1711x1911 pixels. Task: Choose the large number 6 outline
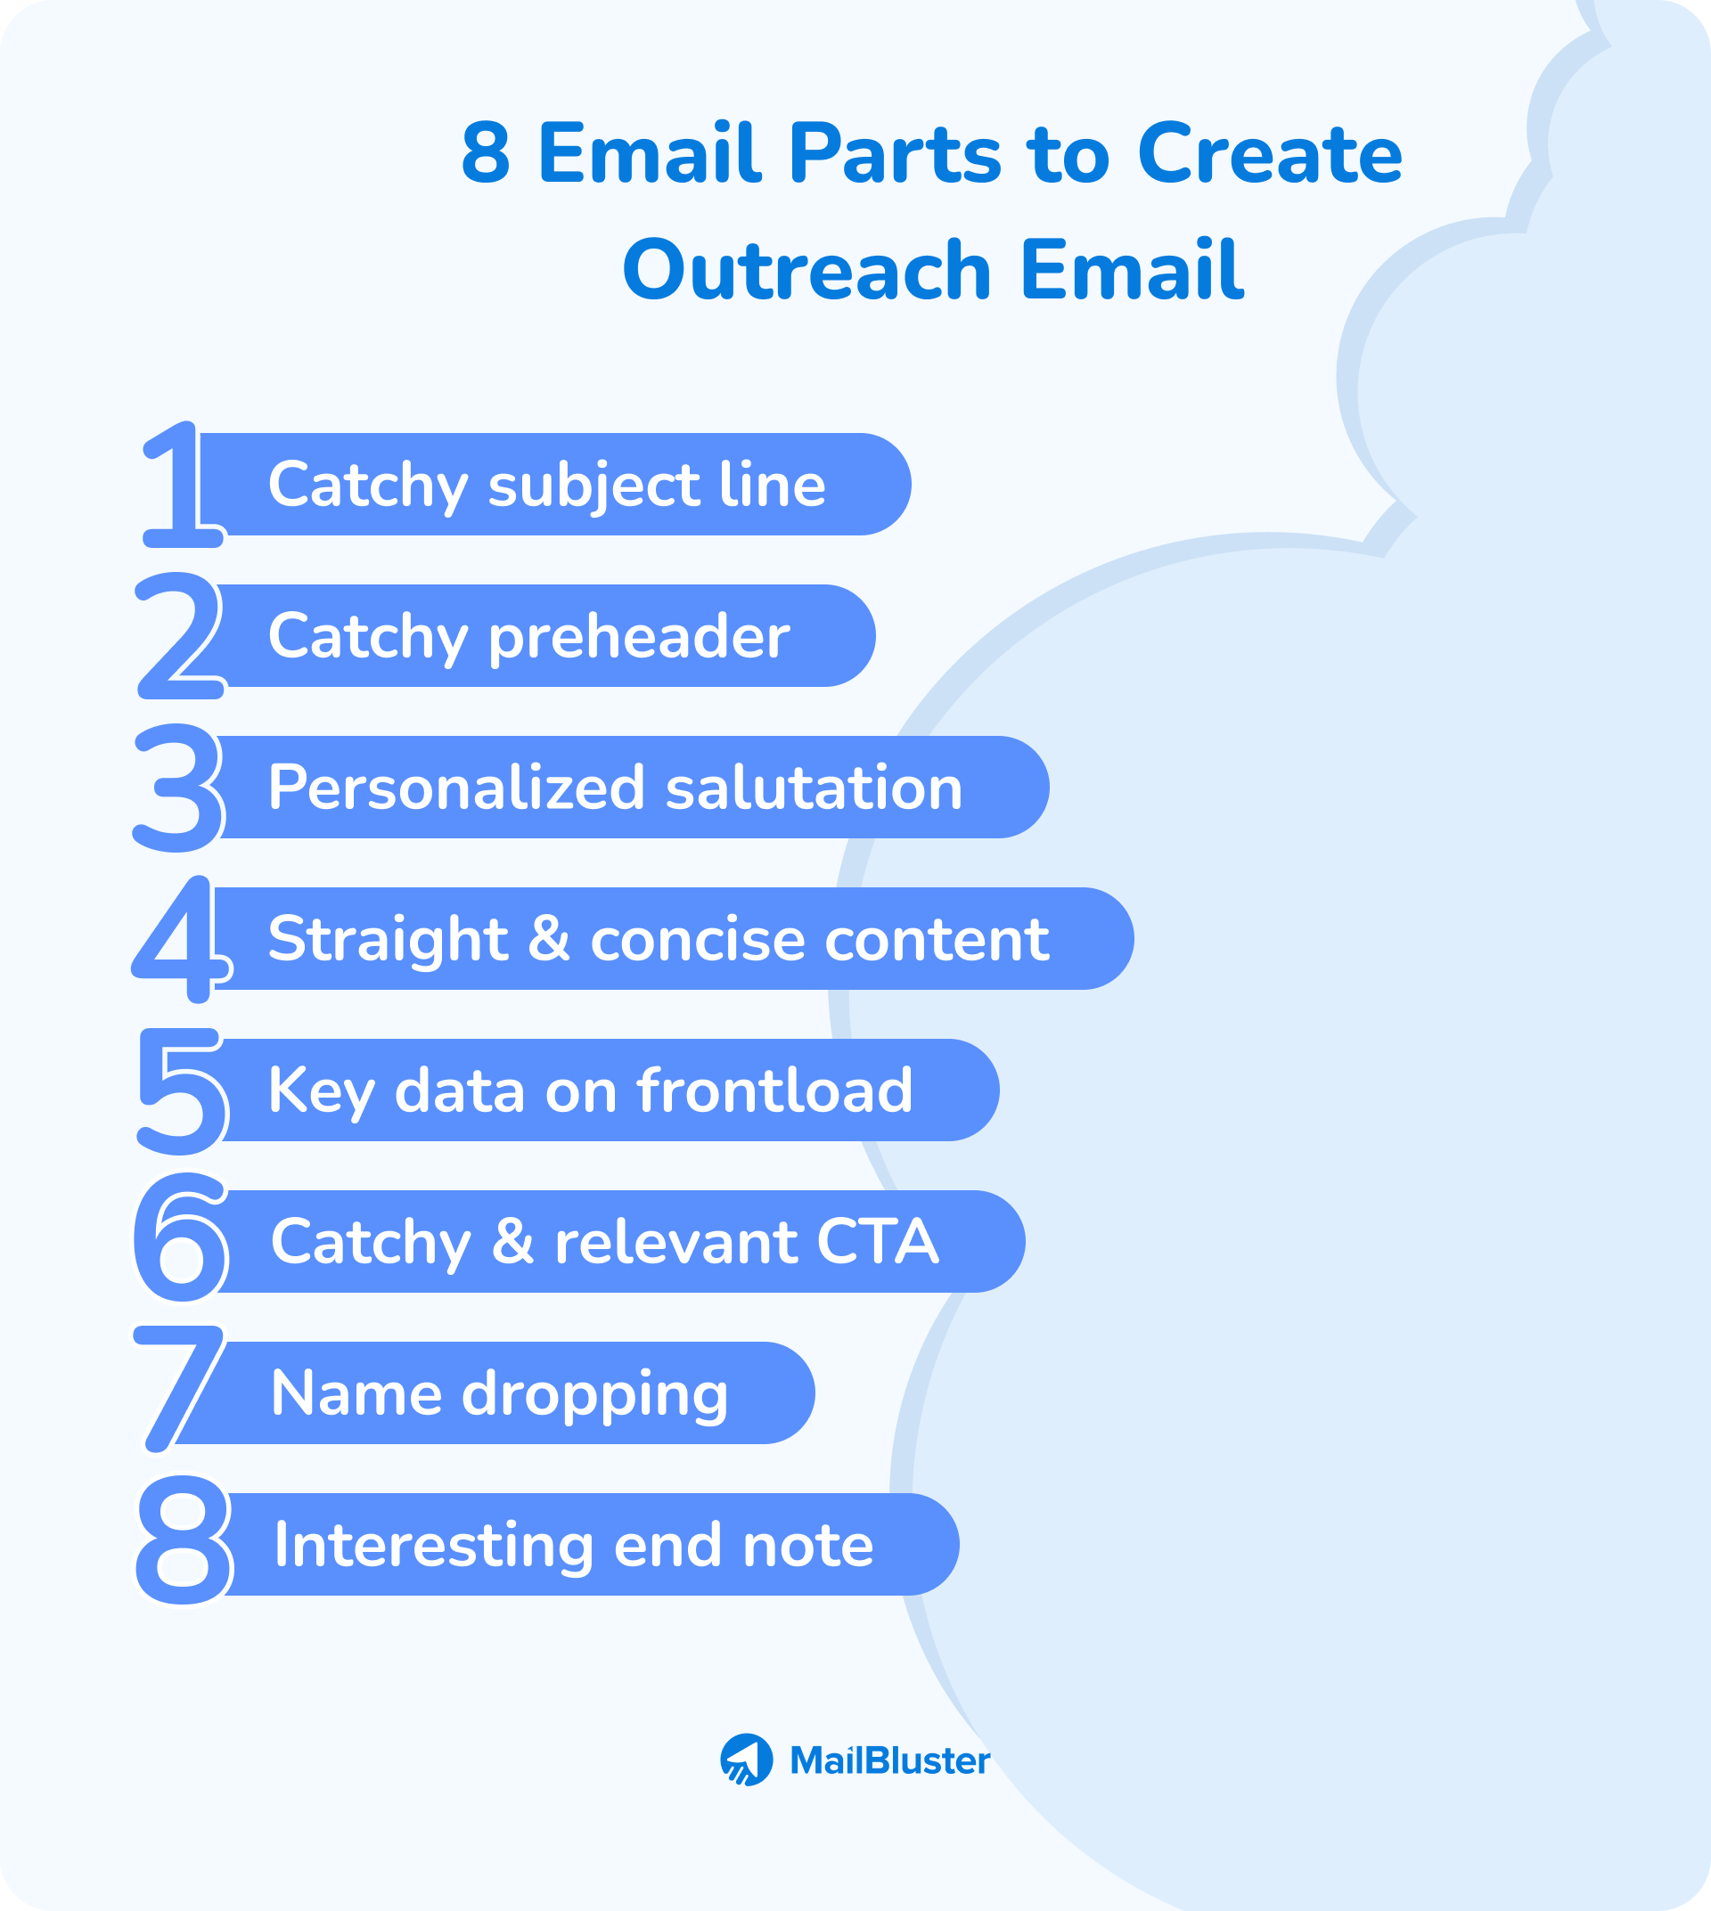pos(182,1239)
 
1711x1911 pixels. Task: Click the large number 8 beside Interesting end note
pos(184,1540)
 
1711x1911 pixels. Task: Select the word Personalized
pos(457,788)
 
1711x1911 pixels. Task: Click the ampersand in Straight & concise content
pos(549,938)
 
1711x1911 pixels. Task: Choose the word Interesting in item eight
pos(433,1546)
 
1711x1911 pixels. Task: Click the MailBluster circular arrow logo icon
pos(747,1760)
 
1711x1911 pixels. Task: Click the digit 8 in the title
pos(486,153)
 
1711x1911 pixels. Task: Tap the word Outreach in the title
pos(806,271)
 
